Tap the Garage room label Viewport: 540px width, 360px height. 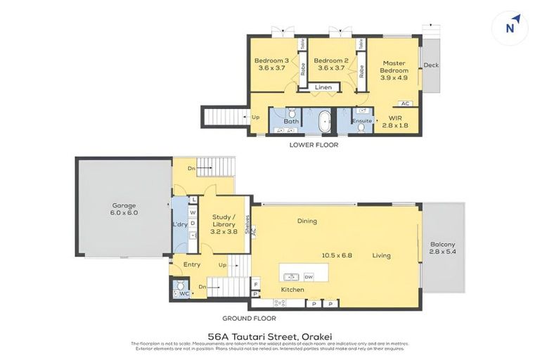[x=124, y=209]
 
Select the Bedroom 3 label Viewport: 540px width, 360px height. [x=271, y=64]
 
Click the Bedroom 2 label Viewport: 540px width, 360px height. [x=331, y=64]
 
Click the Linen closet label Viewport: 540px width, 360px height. [x=323, y=88]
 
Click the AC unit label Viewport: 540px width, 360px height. [x=405, y=103]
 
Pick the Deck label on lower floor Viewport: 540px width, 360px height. [x=431, y=65]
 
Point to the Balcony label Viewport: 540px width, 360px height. [x=443, y=248]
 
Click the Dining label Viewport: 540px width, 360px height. [x=307, y=221]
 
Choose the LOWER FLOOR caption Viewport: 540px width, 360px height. [x=314, y=145]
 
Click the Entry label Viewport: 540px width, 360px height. [x=192, y=264]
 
